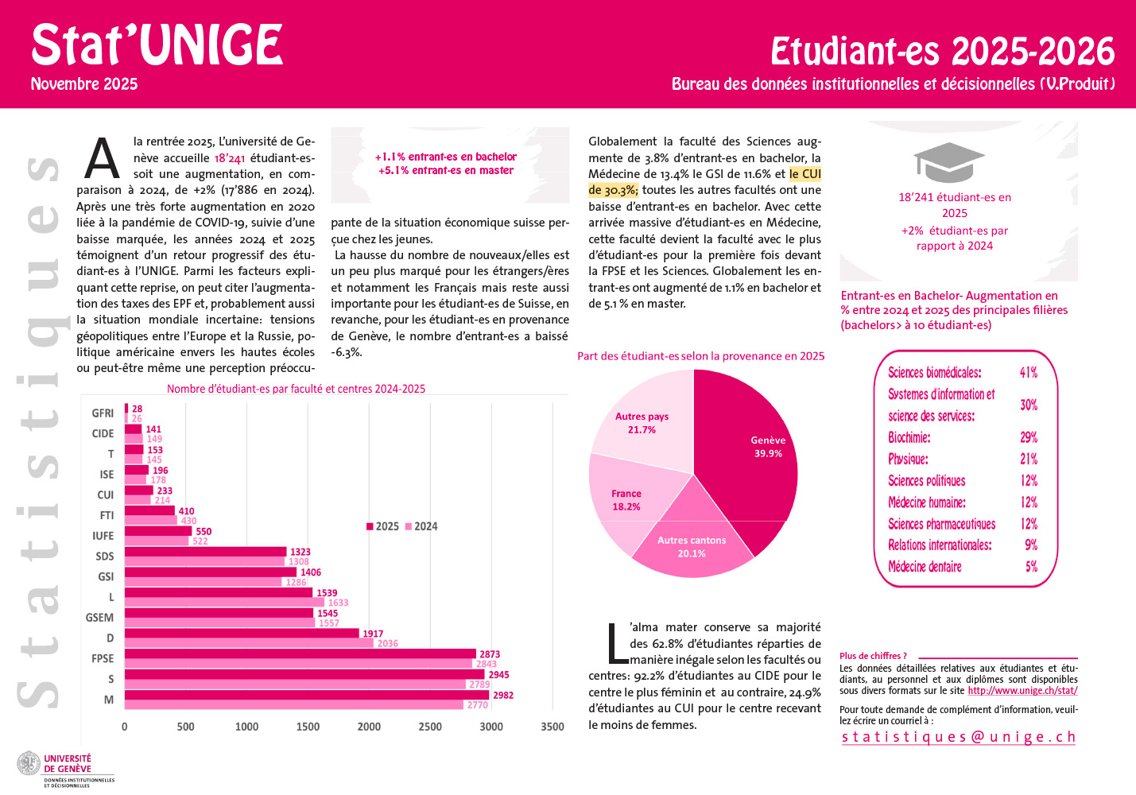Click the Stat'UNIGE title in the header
(157, 45)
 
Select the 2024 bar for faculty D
(248, 643)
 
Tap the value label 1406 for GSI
(311, 572)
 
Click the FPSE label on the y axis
(103, 658)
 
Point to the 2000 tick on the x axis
(369, 727)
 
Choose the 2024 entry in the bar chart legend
(421, 526)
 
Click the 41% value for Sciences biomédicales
(1029, 373)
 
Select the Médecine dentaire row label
(925, 567)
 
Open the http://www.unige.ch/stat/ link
(1022, 691)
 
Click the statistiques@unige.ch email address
(959, 737)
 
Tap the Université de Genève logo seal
(29, 764)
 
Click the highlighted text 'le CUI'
(805, 174)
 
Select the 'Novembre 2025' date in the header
(84, 84)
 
